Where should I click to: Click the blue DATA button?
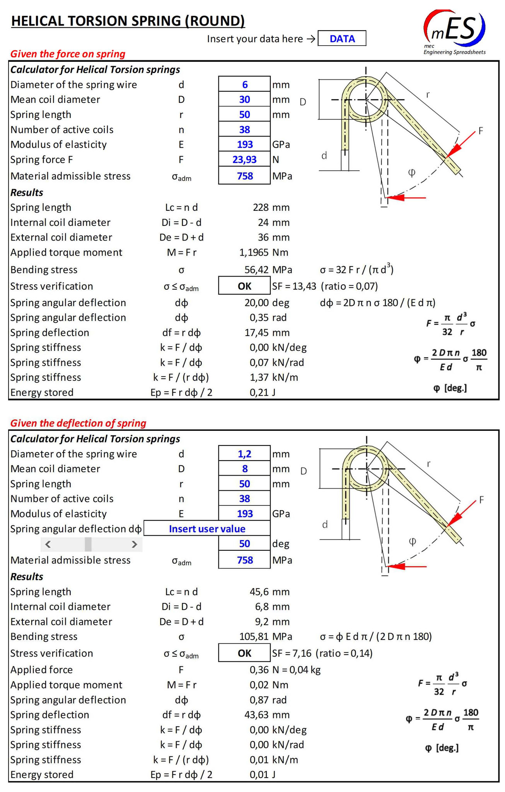tap(342, 39)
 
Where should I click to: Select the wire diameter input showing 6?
tap(244, 84)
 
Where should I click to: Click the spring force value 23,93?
tap(244, 159)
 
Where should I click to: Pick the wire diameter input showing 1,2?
tap(244, 454)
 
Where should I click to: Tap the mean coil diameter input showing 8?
tap(244, 469)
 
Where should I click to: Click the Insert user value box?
tap(207, 529)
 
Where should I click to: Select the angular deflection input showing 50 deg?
tap(244, 544)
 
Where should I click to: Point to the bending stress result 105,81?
tap(254, 637)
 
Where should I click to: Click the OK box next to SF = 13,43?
tap(244, 286)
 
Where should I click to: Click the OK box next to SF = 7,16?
tap(244, 653)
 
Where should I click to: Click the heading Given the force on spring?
tap(68, 54)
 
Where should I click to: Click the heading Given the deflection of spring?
tap(78, 423)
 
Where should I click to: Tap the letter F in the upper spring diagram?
tap(481, 131)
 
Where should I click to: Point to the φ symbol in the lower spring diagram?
tap(413, 541)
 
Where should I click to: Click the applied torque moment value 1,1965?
tap(254, 253)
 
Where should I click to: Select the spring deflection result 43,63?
tap(256, 715)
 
